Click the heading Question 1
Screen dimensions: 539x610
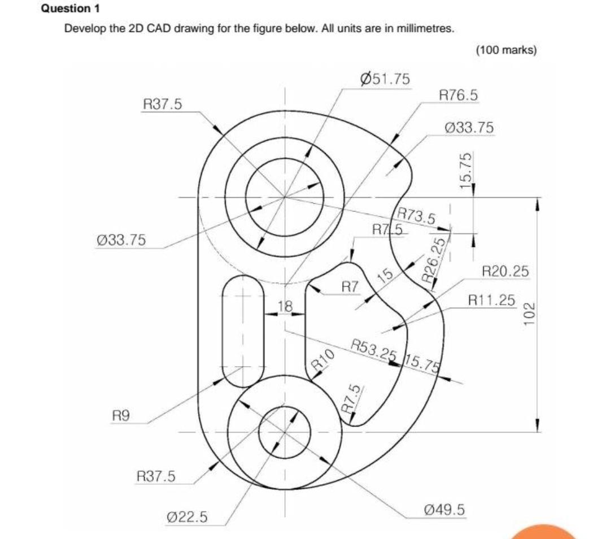pos(66,9)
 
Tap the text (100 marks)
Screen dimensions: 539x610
pos(506,50)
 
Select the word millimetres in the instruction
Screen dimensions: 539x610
pos(425,29)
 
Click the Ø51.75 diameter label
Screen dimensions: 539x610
pos(386,79)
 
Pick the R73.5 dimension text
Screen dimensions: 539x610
pos(416,216)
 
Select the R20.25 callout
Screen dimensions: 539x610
pos(505,271)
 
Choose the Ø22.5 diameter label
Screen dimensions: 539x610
pos(188,516)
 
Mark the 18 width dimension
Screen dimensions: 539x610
pos(285,307)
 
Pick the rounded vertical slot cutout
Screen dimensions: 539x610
pos(243,331)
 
